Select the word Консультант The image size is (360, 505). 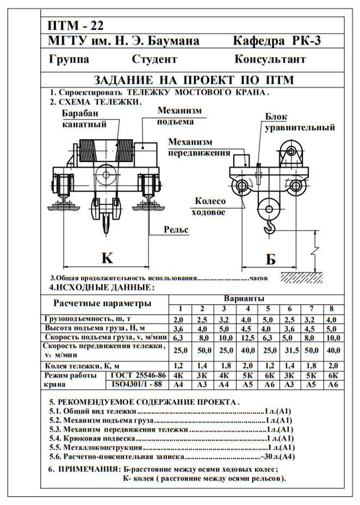[270, 59]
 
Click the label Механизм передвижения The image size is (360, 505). [198, 147]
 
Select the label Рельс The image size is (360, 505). [176, 230]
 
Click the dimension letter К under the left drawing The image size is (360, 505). [107, 257]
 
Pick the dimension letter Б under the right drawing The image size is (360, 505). [270, 260]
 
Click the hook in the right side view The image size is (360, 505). [268, 224]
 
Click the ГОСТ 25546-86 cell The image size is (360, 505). [136, 375]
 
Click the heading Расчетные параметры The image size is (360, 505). [102, 303]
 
